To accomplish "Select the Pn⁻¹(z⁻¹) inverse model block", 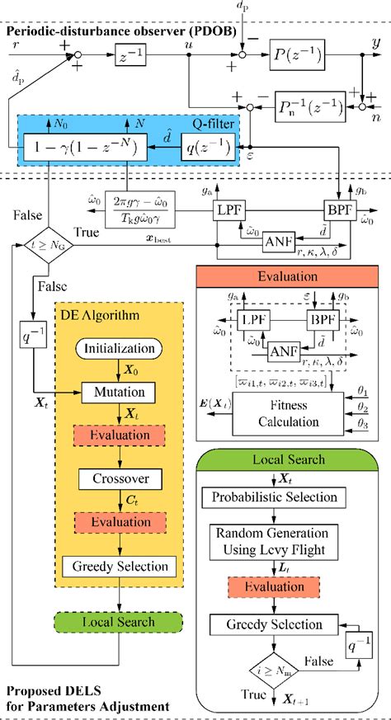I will [x=302, y=106].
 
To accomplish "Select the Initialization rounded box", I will [x=119, y=349].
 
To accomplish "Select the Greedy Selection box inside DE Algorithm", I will [x=119, y=566].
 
